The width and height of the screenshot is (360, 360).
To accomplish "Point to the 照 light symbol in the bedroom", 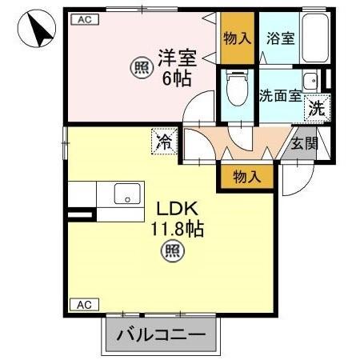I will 142,69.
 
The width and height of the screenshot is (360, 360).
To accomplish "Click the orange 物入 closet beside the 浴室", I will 238,38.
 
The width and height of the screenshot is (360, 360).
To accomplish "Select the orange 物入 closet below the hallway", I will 246,177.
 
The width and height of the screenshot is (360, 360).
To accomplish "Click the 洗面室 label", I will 280,94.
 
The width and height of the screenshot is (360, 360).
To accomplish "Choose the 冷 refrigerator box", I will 165,143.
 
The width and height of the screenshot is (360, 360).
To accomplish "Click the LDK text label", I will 174,209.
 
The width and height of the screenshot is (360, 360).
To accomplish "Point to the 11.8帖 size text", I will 178,230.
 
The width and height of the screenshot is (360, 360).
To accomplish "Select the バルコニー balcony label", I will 160,334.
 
